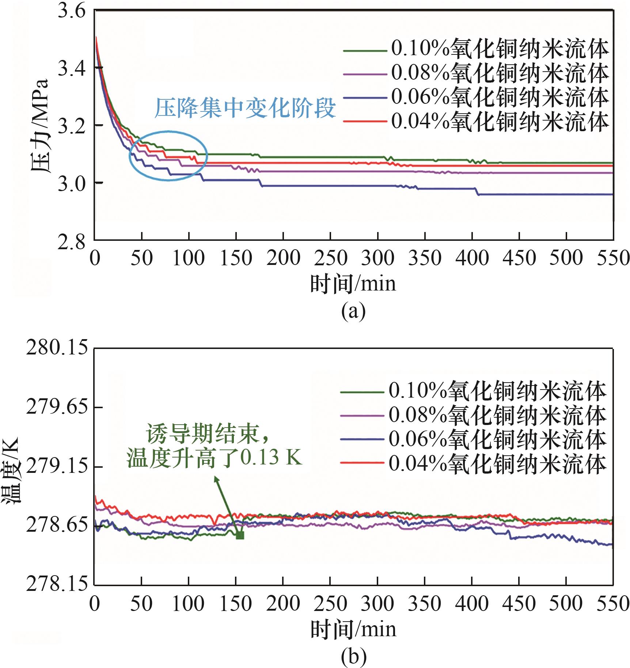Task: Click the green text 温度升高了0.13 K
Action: click(x=215, y=457)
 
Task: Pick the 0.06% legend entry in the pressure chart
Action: click(x=475, y=97)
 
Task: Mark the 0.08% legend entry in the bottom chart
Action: click(x=473, y=415)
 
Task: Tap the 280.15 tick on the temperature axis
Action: click(x=57, y=347)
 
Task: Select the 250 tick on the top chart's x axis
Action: click(x=330, y=258)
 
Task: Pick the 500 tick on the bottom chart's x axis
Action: click(x=566, y=604)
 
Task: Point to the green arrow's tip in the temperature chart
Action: click(x=216, y=477)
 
